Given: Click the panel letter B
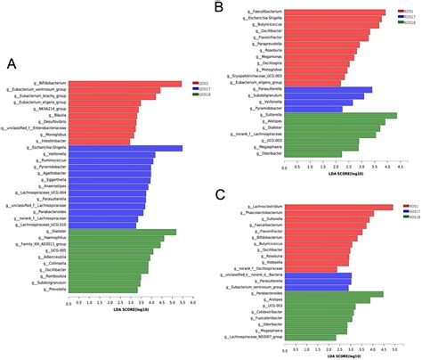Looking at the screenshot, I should click(x=219, y=8).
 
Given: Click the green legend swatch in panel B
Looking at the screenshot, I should click(x=400, y=22).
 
